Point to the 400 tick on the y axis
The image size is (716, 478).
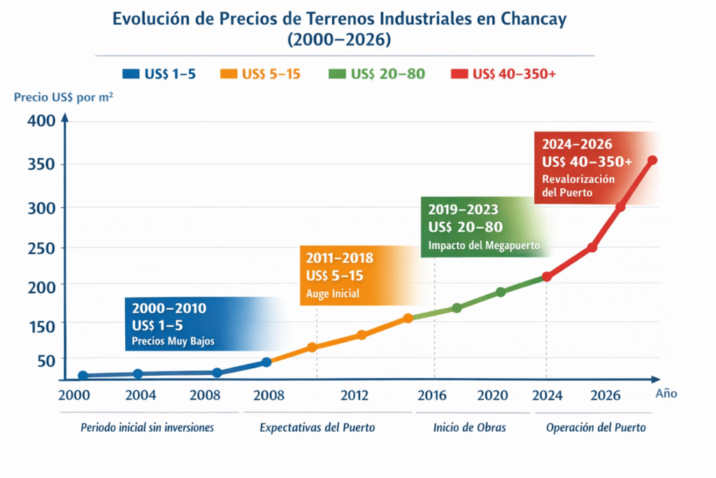point(41,120)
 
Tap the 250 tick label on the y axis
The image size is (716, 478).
point(41,248)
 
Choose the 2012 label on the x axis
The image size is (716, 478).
point(355,395)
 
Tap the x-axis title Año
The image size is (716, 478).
point(666,393)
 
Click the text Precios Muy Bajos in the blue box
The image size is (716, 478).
point(173,342)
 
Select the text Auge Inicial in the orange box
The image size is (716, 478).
point(333,294)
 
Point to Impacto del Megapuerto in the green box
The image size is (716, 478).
point(483,246)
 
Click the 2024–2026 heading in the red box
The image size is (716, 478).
point(577,145)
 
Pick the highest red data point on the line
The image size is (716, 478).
point(652,160)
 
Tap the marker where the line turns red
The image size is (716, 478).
point(547,276)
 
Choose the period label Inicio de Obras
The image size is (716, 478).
point(470,427)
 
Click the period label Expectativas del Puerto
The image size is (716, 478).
point(317,427)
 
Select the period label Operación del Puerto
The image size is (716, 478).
point(596,427)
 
